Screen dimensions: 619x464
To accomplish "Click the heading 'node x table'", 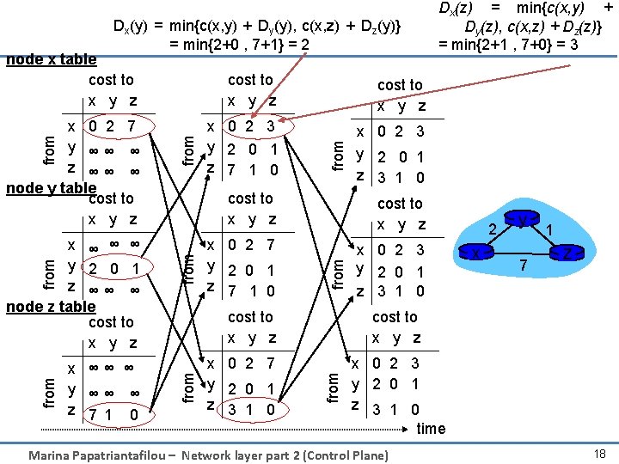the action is point(51,60).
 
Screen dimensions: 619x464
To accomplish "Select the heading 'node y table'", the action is point(51,188).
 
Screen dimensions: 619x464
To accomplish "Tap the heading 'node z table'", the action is point(51,307).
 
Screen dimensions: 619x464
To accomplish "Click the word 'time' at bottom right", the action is point(431,428).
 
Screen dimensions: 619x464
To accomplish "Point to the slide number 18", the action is point(599,453).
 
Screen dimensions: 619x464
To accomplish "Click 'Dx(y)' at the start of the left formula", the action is point(132,26).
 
